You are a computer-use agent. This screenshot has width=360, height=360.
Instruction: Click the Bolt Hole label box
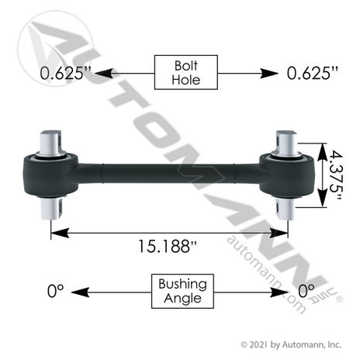coord(186,72)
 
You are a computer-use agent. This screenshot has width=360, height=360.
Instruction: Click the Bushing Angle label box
coord(182,291)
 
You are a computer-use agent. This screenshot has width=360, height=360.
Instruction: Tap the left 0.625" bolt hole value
coord(66,73)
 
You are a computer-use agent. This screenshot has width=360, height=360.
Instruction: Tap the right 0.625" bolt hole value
coord(313,73)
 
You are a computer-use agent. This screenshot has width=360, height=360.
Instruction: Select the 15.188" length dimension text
coord(168,246)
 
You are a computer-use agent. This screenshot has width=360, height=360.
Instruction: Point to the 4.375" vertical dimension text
coord(336,175)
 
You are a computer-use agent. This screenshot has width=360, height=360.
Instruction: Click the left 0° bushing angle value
coord(55,291)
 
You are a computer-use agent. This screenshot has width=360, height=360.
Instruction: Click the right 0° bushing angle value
coord(306,291)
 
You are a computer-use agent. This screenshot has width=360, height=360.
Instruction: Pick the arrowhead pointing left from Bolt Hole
coord(104,74)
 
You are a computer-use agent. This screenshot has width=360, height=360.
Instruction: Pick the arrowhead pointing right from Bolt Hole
coord(269,74)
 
